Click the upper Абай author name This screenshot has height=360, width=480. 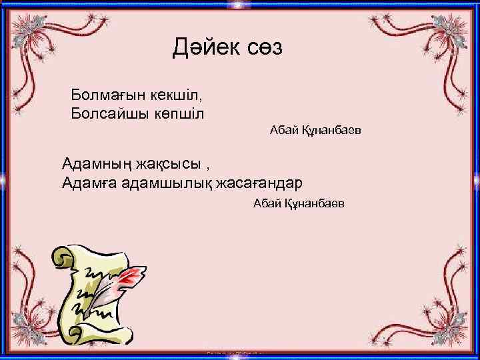pos(283,131)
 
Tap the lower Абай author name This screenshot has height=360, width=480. pos(267,203)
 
